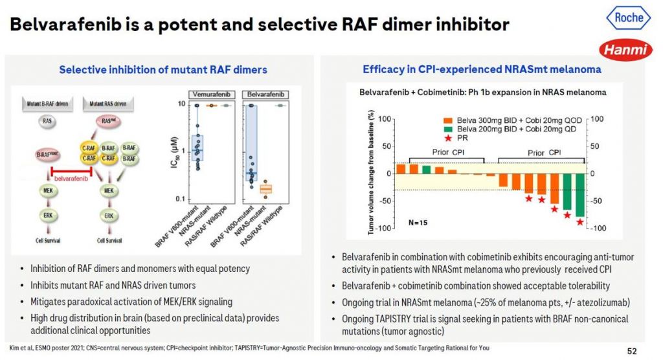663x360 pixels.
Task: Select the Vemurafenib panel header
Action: click(210, 94)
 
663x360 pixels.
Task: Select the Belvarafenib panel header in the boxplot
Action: click(265, 94)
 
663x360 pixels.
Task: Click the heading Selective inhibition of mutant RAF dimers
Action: click(163, 69)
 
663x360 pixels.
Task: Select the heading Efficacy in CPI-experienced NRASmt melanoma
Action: click(482, 69)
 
